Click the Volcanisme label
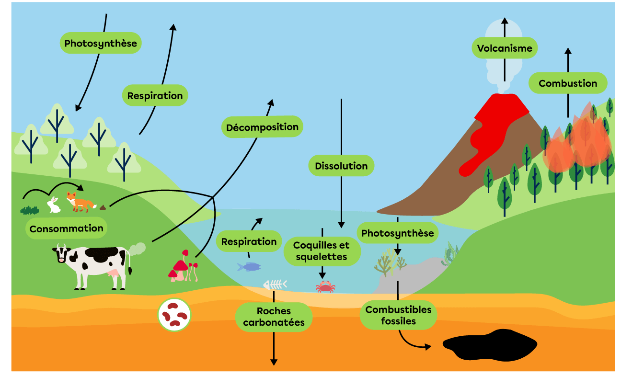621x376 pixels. [505, 48]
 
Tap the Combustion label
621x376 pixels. [568, 83]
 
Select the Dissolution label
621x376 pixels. [341, 166]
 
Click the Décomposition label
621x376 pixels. [262, 127]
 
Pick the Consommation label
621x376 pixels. [66, 228]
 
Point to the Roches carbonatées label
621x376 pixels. [274, 317]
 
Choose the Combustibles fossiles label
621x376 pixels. [398, 316]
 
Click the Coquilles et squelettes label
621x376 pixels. [322, 251]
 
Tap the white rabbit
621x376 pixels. [54, 205]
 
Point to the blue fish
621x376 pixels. [249, 266]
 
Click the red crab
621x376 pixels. [325, 287]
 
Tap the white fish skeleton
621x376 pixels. [275, 285]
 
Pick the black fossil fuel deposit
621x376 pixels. [489, 344]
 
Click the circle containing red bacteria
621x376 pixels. [174, 315]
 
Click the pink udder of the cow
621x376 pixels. [115, 273]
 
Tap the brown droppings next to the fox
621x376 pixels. [103, 207]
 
